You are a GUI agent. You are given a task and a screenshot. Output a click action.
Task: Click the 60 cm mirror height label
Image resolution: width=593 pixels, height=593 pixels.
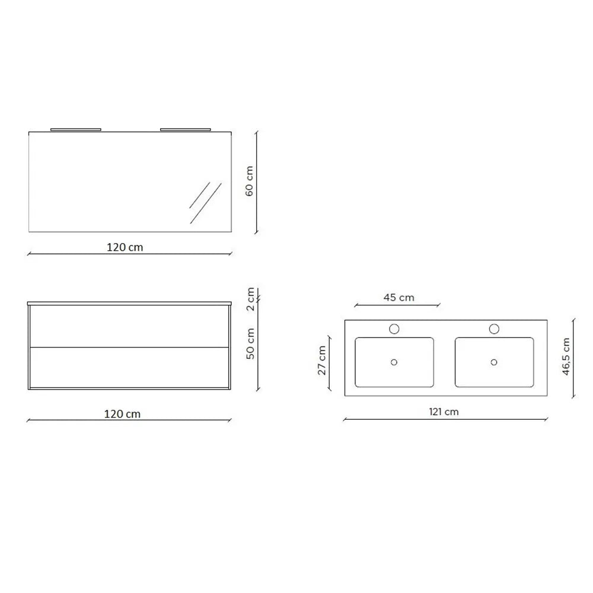coord(249,181)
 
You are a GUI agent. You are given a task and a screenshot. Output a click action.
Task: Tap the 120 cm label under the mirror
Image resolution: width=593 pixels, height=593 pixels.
coord(125,247)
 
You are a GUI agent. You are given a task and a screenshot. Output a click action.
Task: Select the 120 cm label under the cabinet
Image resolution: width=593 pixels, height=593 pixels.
coord(122,414)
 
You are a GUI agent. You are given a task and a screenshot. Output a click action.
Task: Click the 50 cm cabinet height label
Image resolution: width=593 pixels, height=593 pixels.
coord(250,344)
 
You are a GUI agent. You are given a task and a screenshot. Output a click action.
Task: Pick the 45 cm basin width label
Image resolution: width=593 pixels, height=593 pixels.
coord(398,298)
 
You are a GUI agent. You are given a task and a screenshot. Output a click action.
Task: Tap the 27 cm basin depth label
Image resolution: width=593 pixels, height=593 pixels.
coord(321,361)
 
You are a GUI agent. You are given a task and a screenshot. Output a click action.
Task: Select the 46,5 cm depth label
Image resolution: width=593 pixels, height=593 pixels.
coord(566,356)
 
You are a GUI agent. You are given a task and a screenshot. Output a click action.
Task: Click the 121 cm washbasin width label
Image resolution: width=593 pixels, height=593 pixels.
coord(444,412)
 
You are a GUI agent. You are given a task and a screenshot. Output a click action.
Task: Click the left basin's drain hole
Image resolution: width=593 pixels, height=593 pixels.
coord(394,362)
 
